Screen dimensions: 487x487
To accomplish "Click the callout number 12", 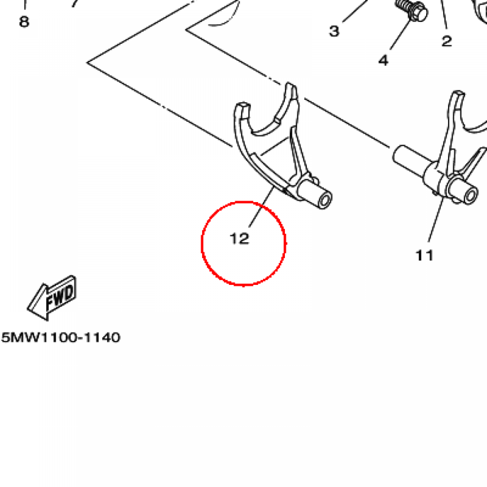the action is [x=240, y=239].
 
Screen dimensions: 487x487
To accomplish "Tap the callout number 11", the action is [x=424, y=255].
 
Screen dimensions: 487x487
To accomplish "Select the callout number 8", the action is [x=24, y=22].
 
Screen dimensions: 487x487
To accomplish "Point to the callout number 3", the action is [x=334, y=31].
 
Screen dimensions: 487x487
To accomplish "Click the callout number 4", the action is [x=384, y=60].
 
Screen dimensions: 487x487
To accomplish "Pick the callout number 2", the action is [x=447, y=41].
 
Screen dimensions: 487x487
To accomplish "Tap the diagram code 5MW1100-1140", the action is [x=60, y=337].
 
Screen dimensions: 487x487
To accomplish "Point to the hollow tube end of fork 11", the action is [x=470, y=195].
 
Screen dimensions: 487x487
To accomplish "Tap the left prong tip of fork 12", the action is [x=243, y=106].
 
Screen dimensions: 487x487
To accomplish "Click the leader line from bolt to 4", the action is [x=400, y=34].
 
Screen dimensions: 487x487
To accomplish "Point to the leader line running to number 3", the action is [x=355, y=11].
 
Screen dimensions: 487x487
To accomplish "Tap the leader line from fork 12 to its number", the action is [x=262, y=206].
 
